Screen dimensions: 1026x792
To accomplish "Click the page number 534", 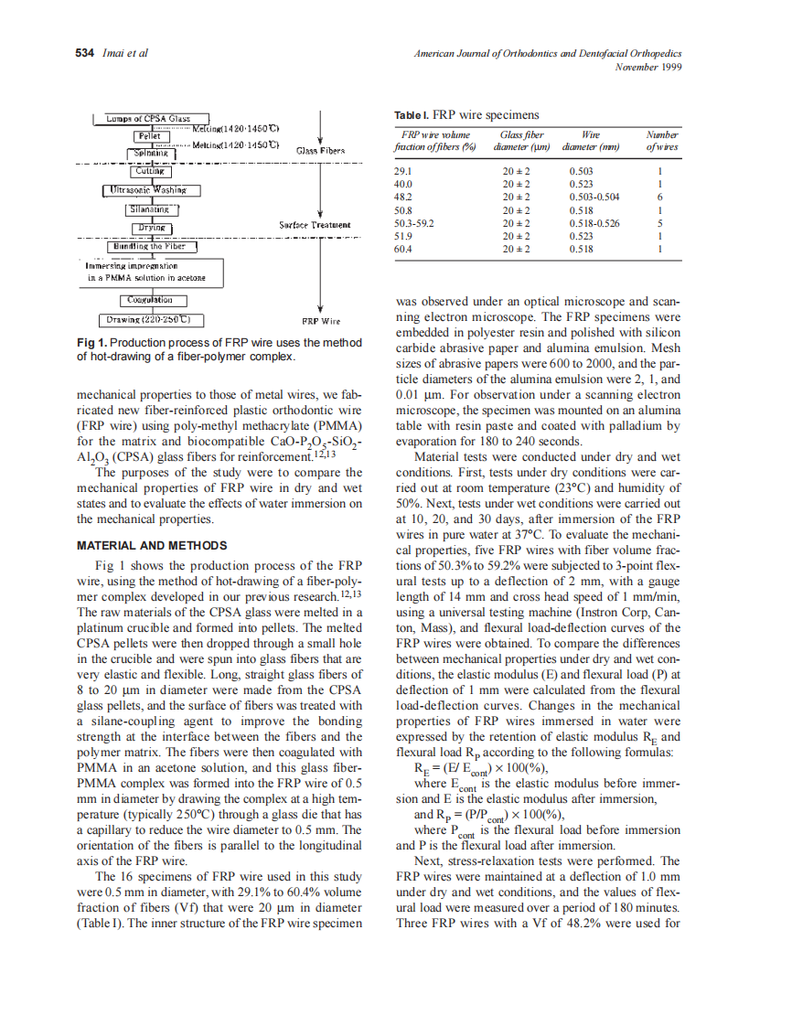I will pos(85,53).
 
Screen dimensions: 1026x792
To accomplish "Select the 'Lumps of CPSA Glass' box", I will pos(152,119).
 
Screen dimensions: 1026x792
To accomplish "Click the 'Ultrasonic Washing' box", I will pos(152,190).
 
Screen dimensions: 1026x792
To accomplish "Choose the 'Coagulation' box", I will pos(152,299).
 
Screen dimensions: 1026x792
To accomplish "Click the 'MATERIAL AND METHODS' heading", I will pos(152,545).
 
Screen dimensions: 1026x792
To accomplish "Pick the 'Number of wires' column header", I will pos(661,140).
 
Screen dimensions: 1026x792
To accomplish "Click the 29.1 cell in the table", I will pos(402,171).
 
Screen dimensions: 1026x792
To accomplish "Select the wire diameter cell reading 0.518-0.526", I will pos(594,222).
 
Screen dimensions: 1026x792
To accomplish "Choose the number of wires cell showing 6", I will pos(659,197).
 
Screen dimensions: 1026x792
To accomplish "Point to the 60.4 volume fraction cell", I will pos(402,248).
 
